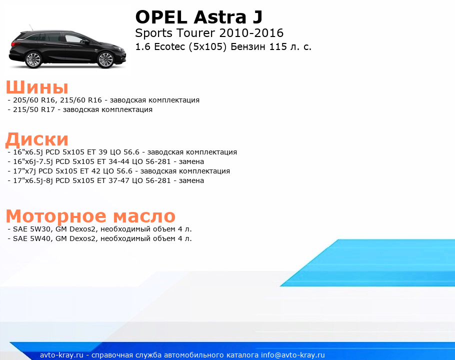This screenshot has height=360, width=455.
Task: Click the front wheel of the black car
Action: click(105, 60)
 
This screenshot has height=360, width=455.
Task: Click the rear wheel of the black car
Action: click(33, 60)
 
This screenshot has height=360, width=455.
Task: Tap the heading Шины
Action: click(37, 86)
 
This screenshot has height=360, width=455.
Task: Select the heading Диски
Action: click(37, 139)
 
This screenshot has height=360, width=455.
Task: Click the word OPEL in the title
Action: click(161, 17)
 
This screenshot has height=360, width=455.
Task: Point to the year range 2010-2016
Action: click(251, 33)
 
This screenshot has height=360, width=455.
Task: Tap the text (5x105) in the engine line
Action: click(207, 46)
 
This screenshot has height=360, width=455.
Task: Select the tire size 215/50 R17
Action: click(34, 109)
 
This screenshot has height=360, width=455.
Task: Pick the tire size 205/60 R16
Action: click(34, 100)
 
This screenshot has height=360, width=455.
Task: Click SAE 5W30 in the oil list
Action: click(31, 229)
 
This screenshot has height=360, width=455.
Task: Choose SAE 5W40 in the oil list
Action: click(31, 238)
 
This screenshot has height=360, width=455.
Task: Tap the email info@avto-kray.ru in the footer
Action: click(293, 355)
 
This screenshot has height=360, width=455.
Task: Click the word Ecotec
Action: click(169, 46)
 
